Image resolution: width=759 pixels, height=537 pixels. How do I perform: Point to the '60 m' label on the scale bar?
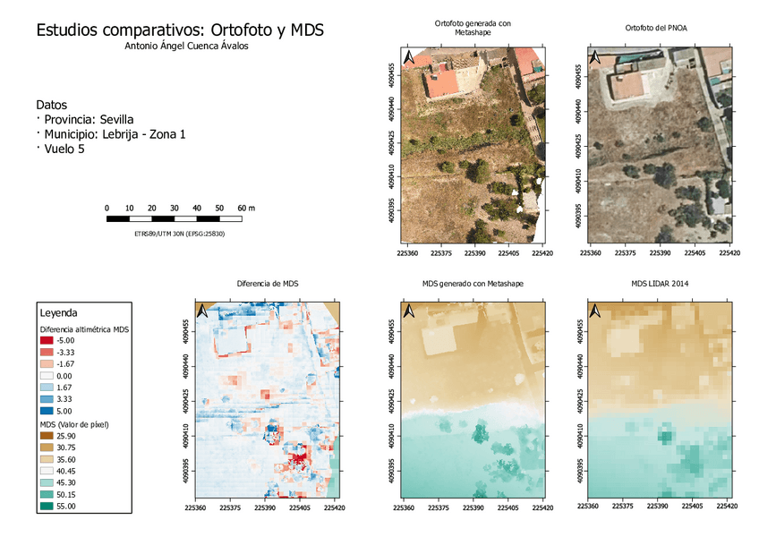click(x=246, y=208)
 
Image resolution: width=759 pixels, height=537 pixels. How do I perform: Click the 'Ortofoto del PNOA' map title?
click(x=661, y=29)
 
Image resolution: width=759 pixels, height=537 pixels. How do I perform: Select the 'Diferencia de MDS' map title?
click(x=267, y=284)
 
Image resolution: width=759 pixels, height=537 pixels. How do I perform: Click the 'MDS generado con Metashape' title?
click(x=473, y=284)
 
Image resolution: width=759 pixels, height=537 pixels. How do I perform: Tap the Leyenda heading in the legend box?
click(x=58, y=313)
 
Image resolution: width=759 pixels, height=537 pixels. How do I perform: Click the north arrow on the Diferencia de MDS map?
click(x=203, y=311)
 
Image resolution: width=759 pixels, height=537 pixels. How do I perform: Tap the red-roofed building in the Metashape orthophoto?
click(x=442, y=82)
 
